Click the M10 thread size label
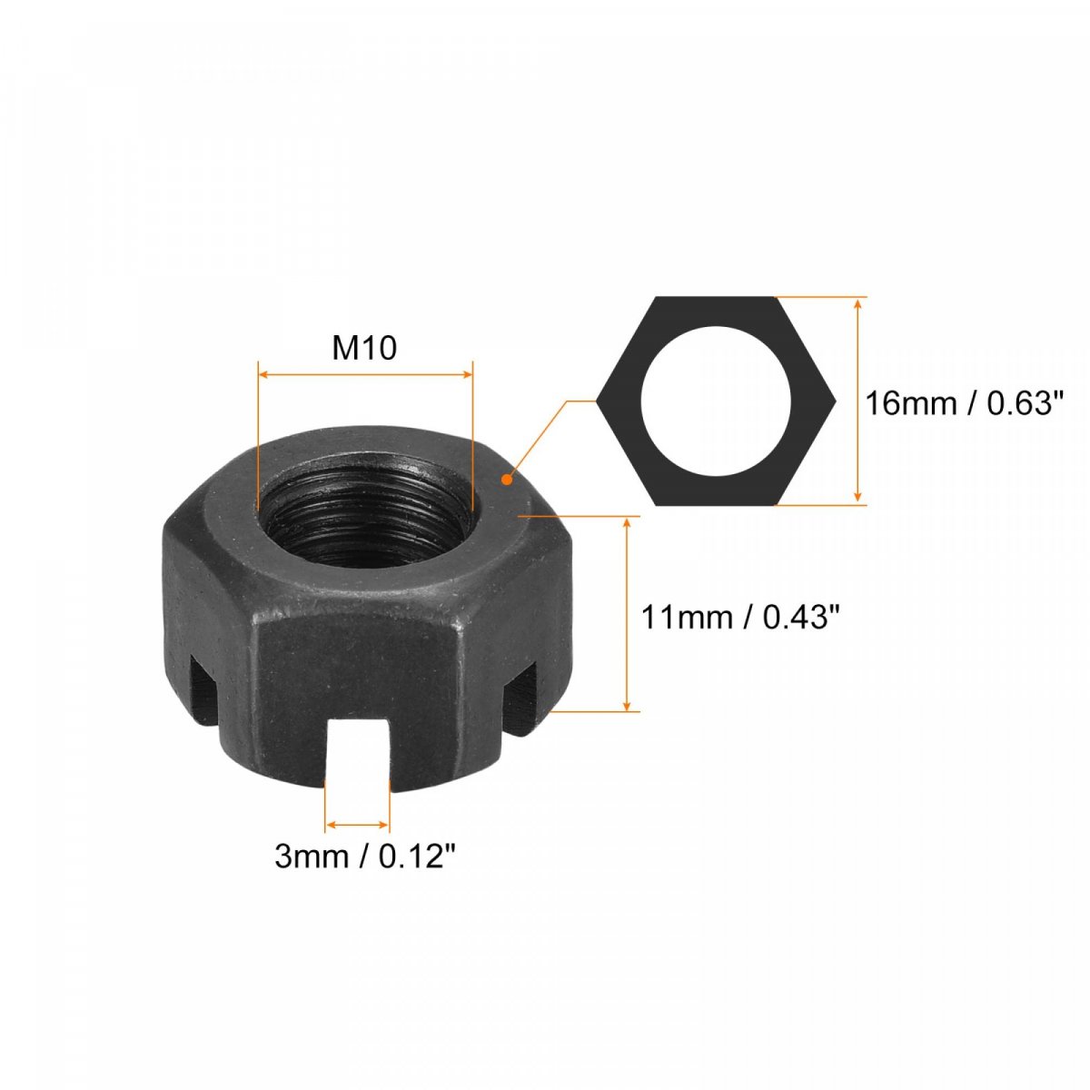point(364,348)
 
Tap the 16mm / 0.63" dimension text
point(965,404)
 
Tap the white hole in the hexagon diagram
point(715,401)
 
